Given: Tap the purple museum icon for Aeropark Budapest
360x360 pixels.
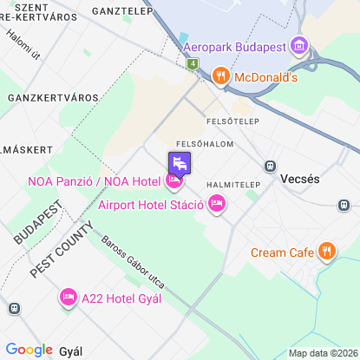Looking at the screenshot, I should point(299,45).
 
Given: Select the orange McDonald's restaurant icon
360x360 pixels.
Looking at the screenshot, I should point(221,76).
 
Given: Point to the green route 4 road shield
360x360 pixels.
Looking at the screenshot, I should point(192,64).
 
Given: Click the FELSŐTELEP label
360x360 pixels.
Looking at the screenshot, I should point(232,121).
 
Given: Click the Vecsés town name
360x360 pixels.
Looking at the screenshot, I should point(301,179).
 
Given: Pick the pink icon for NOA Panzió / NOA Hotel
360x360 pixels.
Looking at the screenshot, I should point(174,181).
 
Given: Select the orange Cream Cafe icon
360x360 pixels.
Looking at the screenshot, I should point(326,252).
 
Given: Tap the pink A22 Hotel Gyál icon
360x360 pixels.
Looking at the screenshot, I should point(68,298).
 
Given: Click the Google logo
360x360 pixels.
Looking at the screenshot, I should point(29,350).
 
